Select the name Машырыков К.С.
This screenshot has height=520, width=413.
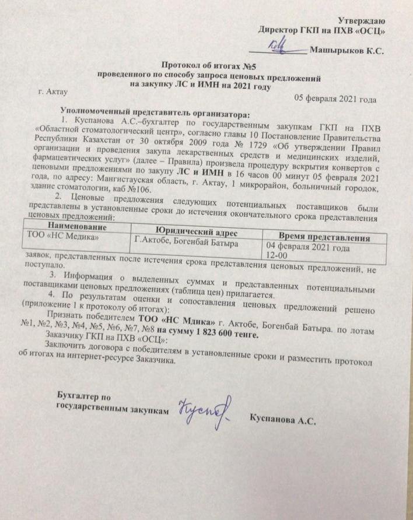pos(346,52)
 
